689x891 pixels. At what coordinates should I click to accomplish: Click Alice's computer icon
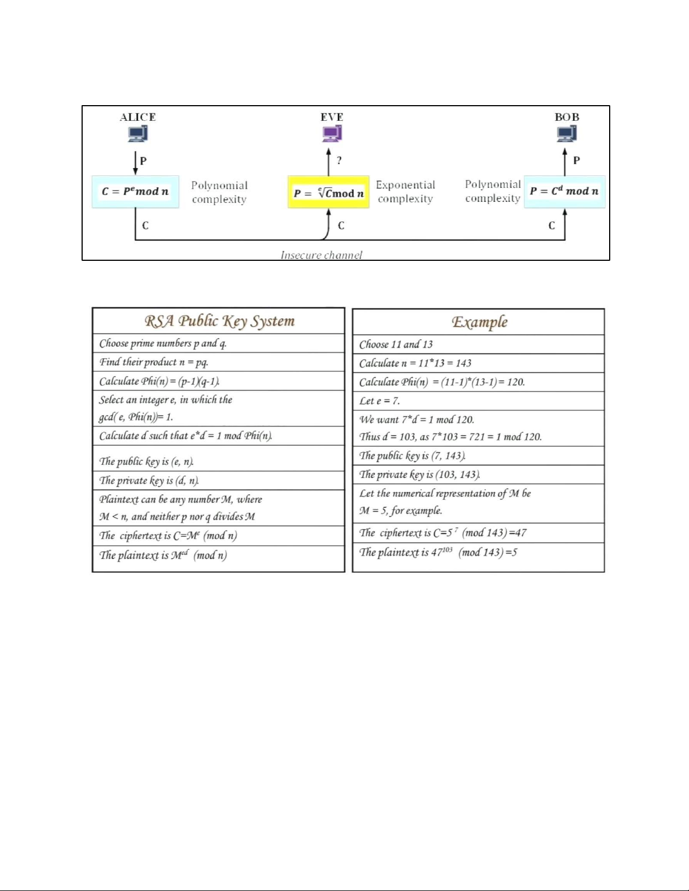tap(138, 134)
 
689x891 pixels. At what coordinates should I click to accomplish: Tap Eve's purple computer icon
tap(332, 134)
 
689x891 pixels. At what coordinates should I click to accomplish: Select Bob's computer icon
tap(567, 134)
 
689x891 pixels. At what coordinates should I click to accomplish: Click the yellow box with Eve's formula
tap(328, 192)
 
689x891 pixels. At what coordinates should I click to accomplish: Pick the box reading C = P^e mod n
tap(135, 192)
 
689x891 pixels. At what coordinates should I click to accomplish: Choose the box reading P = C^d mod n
tap(564, 191)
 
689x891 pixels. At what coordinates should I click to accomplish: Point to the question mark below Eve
tap(339, 160)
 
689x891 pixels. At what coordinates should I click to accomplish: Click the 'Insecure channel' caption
tap(321, 255)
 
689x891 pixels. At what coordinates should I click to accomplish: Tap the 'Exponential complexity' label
tap(406, 192)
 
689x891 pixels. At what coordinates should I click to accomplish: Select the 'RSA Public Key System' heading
tap(219, 321)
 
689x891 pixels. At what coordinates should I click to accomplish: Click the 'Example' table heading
tap(479, 322)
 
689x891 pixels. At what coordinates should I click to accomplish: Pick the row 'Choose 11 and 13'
tap(396, 344)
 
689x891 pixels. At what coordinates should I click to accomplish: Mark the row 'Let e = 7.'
tap(380, 401)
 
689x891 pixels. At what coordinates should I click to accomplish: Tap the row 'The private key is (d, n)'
tap(149, 481)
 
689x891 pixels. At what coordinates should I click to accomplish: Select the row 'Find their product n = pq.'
tap(154, 362)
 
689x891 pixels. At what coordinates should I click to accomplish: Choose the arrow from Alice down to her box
tap(135, 162)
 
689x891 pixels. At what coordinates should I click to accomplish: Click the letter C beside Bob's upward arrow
tap(552, 225)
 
